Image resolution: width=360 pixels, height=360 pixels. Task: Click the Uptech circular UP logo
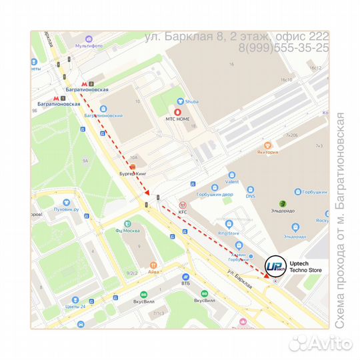click(x=275, y=266)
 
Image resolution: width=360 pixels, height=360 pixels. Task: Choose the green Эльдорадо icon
click(x=283, y=203)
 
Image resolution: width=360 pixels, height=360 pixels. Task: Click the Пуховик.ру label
click(x=67, y=209)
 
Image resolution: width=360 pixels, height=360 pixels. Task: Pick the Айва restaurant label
click(x=153, y=271)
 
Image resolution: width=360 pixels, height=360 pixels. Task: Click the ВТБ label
click(x=185, y=283)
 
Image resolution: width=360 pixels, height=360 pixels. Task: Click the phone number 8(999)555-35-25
click(x=283, y=48)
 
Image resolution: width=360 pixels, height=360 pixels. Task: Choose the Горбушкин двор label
click(x=214, y=195)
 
